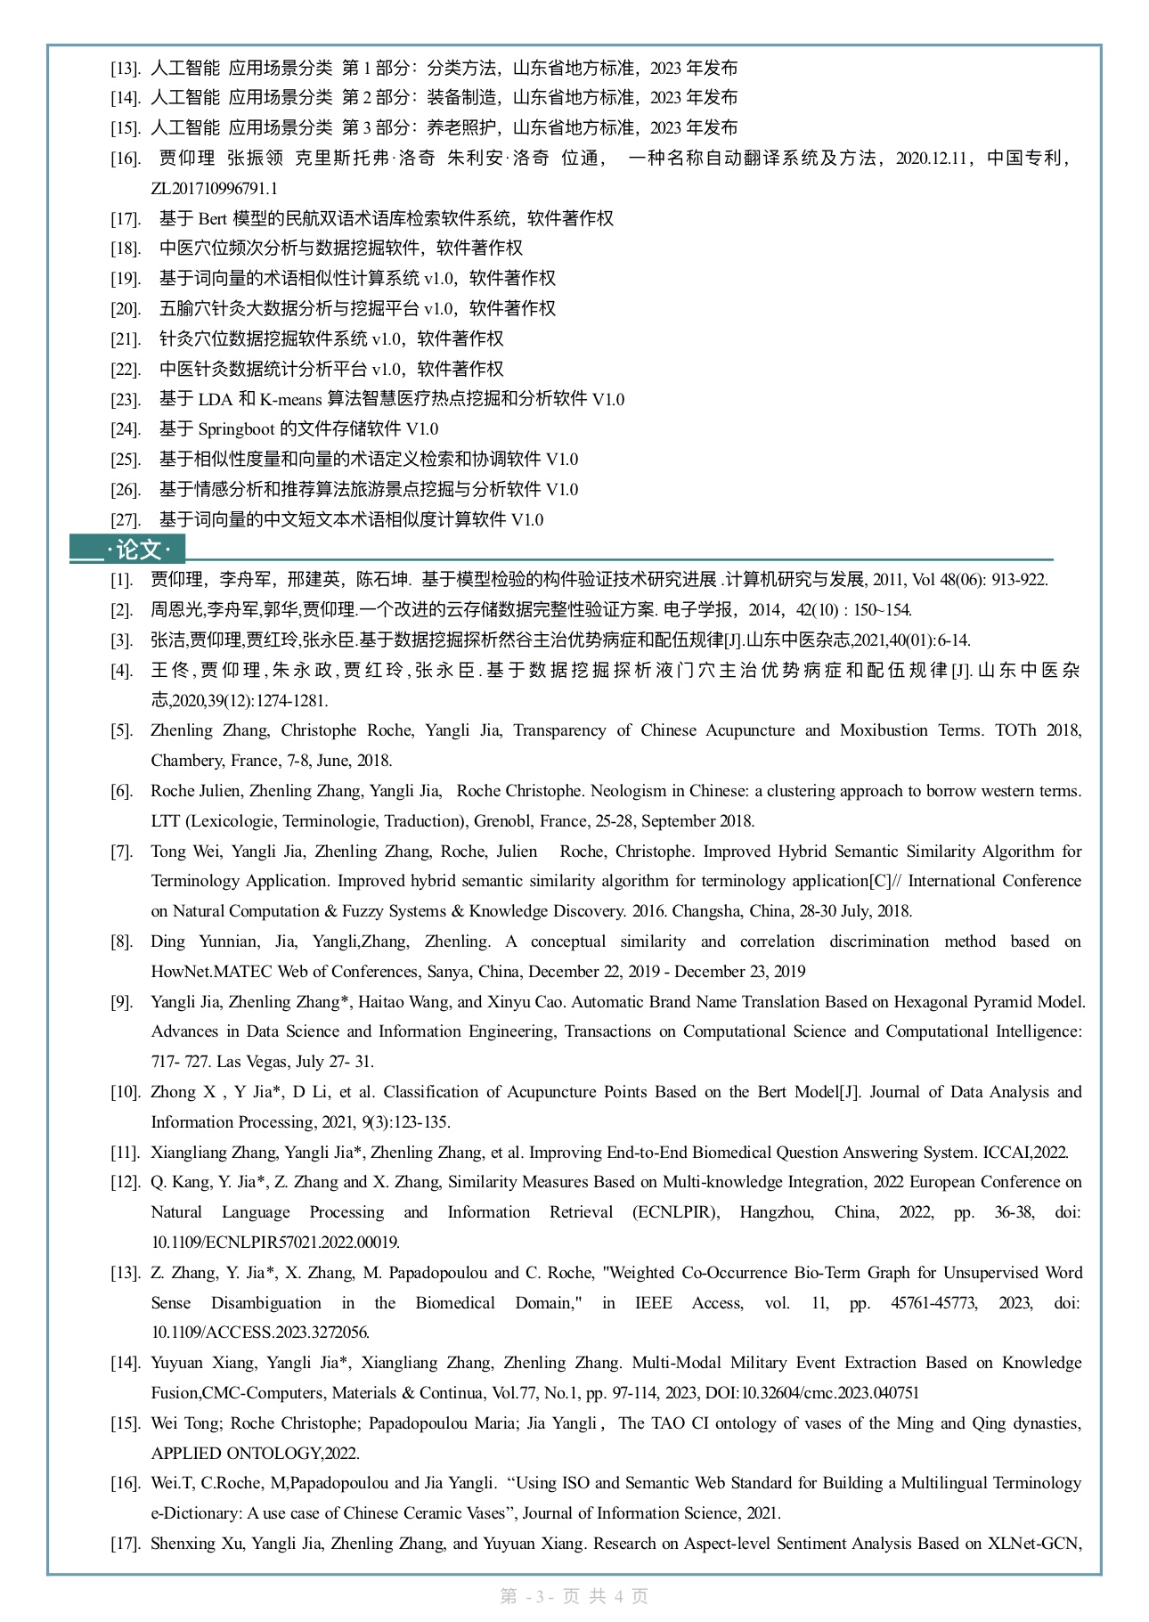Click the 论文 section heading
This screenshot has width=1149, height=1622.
pyautogui.click(x=138, y=550)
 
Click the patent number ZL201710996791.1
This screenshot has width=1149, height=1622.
pyautogui.click(x=214, y=188)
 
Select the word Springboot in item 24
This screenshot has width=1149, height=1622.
pyautogui.click(x=236, y=429)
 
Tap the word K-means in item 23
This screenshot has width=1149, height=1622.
pyautogui.click(x=290, y=399)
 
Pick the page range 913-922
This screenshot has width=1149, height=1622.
pyautogui.click(x=1019, y=580)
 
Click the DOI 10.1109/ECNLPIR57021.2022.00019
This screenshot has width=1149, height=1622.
pyautogui.click(x=274, y=1243)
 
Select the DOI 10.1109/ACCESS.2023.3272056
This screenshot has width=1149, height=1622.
pyautogui.click(x=260, y=1333)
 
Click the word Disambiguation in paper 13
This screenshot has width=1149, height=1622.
pyautogui.click(x=265, y=1303)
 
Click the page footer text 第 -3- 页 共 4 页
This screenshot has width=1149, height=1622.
pyautogui.click(x=574, y=1596)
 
